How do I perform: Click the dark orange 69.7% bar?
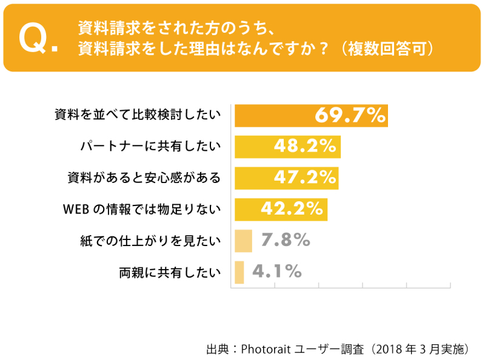[273, 115]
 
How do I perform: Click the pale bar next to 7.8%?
[243, 241]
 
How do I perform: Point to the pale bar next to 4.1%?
[239, 272]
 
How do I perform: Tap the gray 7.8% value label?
[286, 241]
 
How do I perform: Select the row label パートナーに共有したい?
[150, 147]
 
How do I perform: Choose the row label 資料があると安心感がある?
[144, 178]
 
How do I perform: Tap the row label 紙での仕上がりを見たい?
[150, 241]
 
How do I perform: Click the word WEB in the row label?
[76, 210]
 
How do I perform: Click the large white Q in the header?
[34, 38]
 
